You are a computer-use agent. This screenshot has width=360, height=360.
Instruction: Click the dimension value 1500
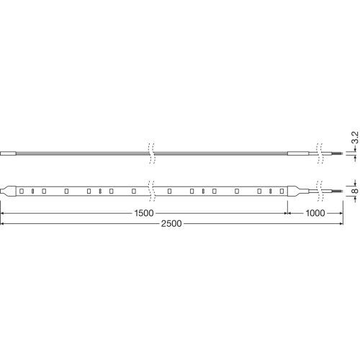(144, 214)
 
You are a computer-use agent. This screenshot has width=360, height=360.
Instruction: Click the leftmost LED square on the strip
(22, 191)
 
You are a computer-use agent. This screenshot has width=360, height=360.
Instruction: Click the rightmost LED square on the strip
(279, 191)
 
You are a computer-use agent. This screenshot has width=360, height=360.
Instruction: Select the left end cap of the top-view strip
(8, 191)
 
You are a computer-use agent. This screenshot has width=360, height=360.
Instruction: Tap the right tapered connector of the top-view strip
(295, 191)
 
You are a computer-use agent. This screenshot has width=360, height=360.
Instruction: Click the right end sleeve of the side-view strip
(297, 153)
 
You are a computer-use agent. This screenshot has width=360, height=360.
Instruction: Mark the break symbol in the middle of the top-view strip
(150, 191)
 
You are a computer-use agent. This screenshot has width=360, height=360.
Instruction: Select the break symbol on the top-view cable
(318, 191)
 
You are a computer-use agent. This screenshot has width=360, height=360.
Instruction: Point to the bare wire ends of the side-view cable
(332, 153)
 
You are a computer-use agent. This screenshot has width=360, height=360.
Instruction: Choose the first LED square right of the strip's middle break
(168, 191)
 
